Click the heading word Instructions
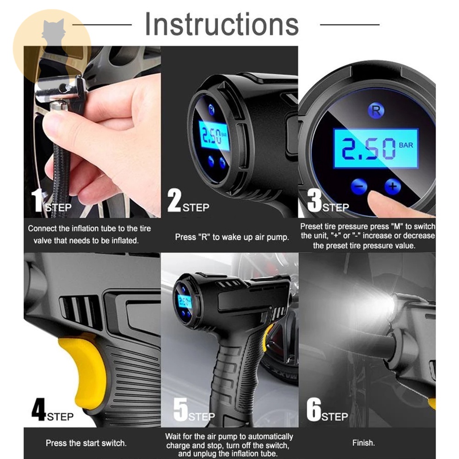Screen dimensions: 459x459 (222, 24)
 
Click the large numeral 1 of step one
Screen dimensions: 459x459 (37, 200)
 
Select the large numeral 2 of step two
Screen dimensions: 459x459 (174, 200)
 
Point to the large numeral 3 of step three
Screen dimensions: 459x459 (314, 200)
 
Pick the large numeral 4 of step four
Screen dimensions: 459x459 (39, 409)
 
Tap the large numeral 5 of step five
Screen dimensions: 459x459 (180, 409)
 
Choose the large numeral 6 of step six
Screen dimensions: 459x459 (314, 409)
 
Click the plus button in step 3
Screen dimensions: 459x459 (392, 186)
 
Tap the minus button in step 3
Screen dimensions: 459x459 (359, 186)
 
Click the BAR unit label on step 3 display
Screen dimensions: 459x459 (406, 145)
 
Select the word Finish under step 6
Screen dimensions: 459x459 (363, 442)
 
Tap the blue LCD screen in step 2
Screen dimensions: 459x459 (214, 136)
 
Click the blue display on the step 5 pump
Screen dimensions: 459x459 (185, 302)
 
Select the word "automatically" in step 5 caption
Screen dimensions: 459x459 (270, 437)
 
